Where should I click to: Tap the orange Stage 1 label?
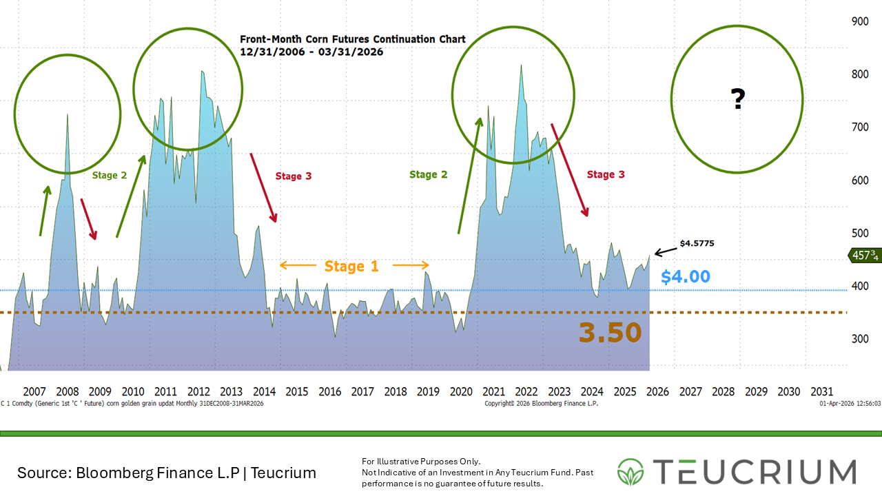[351, 266]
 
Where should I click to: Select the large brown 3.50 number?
[610, 333]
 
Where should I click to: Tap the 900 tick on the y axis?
[859, 21]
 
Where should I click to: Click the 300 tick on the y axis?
[859, 339]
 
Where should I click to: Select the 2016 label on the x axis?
[329, 391]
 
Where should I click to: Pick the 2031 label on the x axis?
[821, 391]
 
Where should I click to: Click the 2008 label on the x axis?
[67, 391]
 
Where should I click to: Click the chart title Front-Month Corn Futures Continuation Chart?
[352, 39]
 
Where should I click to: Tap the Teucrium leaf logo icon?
[631, 472]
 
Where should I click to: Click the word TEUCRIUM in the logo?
[754, 472]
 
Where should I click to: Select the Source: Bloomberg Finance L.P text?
[166, 473]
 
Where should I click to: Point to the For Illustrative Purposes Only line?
[421, 461]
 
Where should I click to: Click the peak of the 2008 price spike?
[67, 114]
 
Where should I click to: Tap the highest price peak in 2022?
[521, 65]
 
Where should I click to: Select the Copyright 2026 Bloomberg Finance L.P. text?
[541, 404]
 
